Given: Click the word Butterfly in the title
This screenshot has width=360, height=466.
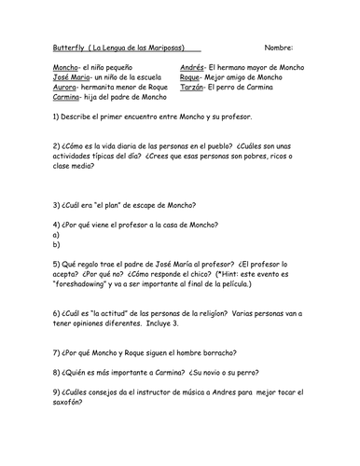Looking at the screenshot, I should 62,47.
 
